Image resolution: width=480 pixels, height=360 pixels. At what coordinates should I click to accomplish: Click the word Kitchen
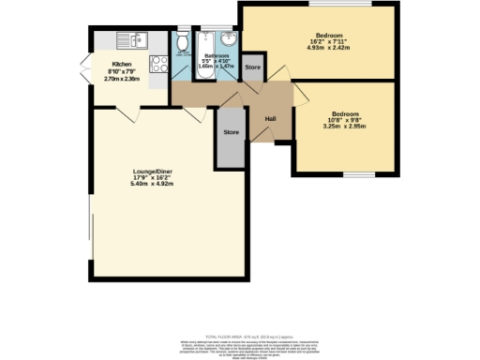[122, 65]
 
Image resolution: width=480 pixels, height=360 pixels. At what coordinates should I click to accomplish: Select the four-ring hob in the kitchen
[158, 64]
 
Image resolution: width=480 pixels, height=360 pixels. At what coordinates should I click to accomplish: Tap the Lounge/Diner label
[151, 172]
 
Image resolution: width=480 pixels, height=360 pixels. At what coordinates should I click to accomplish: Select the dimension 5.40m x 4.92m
[151, 184]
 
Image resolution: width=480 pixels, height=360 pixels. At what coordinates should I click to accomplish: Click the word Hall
[270, 119]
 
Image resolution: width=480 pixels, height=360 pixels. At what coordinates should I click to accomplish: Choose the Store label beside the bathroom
[251, 68]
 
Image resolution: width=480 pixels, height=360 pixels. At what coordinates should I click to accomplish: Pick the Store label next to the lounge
[231, 133]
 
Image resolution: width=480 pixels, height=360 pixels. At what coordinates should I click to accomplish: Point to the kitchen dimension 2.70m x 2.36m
[122, 78]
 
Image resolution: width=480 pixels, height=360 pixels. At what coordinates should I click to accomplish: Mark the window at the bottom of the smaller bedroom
[356, 175]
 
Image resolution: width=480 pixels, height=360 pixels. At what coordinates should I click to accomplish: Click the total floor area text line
[240, 336]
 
